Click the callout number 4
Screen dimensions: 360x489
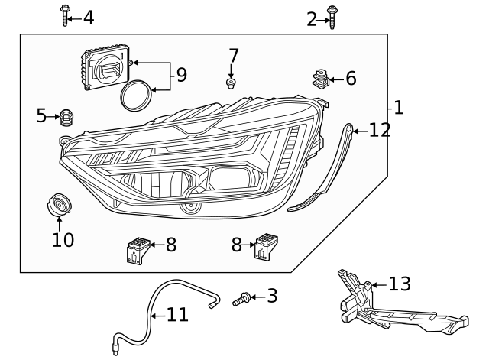89,17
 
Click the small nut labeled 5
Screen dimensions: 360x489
67,117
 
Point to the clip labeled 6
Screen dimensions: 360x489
322,78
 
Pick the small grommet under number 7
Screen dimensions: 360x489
230,82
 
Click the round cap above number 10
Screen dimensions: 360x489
58,206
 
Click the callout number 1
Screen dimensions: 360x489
398,107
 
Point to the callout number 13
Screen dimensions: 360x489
400,284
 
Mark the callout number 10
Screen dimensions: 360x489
63,240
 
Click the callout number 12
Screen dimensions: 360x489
380,130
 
